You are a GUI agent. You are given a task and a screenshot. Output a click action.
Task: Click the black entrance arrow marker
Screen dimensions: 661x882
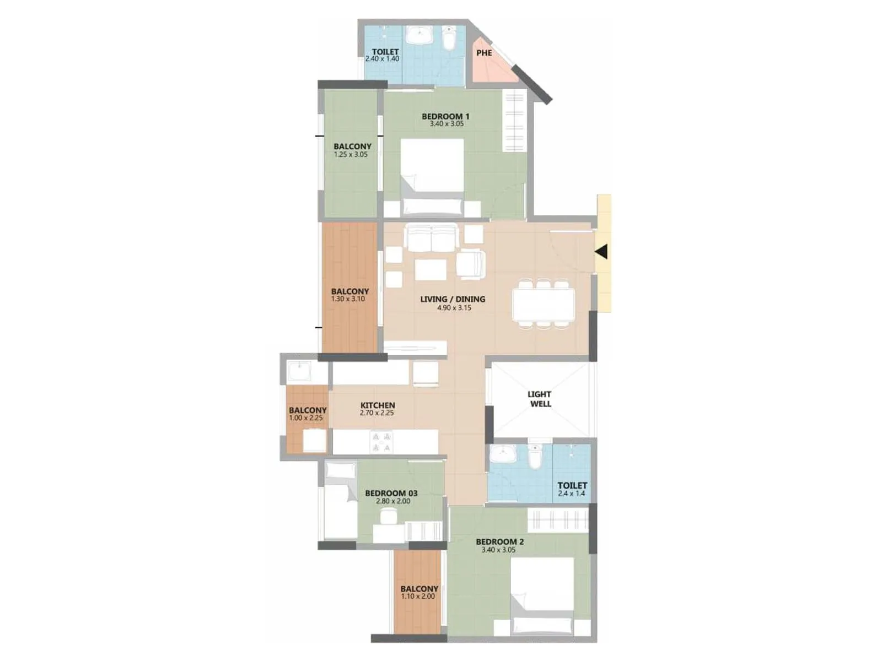click(x=601, y=252)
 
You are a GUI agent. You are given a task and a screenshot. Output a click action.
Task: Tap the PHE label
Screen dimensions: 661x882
click(x=484, y=53)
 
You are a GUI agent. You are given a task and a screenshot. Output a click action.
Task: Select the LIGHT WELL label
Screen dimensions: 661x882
click(x=540, y=399)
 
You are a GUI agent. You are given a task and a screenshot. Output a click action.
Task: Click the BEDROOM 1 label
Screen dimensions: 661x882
click(x=445, y=116)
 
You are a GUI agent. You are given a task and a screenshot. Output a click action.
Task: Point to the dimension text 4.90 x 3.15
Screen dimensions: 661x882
click(x=454, y=308)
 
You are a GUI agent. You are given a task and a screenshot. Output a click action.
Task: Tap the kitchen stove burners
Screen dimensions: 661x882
click(x=381, y=442)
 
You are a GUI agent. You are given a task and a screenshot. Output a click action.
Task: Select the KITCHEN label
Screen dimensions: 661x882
click(x=378, y=405)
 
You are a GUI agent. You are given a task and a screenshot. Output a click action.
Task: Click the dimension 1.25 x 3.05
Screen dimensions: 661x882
click(x=351, y=155)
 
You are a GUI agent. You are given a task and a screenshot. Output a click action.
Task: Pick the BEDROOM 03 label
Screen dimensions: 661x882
click(x=391, y=493)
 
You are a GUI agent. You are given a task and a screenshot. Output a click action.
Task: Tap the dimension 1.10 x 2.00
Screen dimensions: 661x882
click(x=418, y=597)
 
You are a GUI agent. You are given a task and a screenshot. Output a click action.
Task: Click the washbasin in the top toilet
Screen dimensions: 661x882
click(x=420, y=36)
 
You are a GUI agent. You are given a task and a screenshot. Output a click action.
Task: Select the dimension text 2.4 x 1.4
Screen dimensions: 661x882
click(x=572, y=494)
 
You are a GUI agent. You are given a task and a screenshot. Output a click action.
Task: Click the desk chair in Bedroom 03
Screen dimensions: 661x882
click(x=388, y=516)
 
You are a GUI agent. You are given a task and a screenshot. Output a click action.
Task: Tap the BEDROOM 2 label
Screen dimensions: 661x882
click(x=499, y=541)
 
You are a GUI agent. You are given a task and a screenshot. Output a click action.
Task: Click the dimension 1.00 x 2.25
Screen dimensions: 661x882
click(x=306, y=418)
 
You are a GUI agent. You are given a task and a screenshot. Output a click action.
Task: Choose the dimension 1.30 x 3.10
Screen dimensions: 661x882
click(x=348, y=299)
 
